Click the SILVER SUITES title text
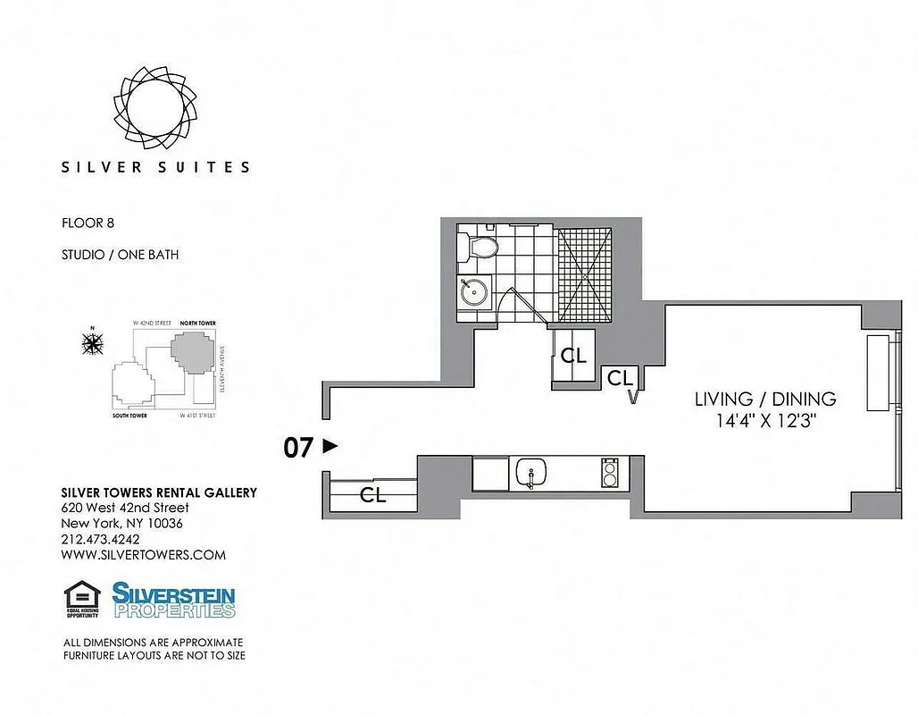pyautogui.click(x=155, y=166)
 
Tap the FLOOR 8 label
pyautogui.click(x=88, y=223)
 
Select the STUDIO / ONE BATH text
pyautogui.click(x=120, y=255)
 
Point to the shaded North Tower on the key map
pyautogui.click(x=192, y=349)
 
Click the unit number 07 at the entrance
pyautogui.click(x=298, y=447)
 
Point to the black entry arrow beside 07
pyautogui.click(x=330, y=445)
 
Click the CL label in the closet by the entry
pyautogui.click(x=372, y=496)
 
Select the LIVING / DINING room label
pyautogui.click(x=764, y=400)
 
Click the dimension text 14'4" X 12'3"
pyautogui.click(x=764, y=420)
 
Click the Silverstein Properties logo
pyautogui.click(x=173, y=600)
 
